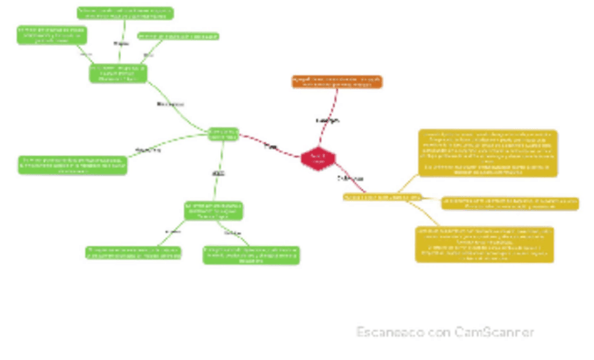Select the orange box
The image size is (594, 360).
tap(337, 82)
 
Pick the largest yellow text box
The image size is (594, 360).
tap(488, 153)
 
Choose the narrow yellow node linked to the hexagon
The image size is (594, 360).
tap(382, 198)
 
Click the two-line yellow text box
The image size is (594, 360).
tap(510, 203)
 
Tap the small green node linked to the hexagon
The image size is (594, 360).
tap(223, 134)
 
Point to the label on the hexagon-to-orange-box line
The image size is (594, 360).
tap(328, 120)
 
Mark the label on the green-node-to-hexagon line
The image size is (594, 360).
tap(270, 147)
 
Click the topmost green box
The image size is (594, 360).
tap(125, 13)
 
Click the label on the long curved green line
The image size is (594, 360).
tap(170, 104)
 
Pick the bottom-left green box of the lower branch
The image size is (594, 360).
tap(134, 253)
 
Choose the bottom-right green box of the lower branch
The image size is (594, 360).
tap(251, 255)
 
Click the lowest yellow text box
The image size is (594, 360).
tap(484, 244)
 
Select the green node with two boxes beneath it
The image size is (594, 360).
tap(214, 211)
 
